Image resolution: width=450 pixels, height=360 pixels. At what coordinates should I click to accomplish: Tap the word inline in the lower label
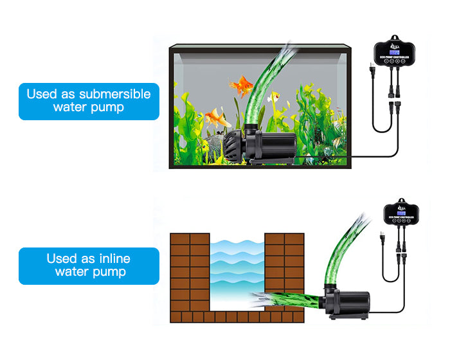pos(114,258)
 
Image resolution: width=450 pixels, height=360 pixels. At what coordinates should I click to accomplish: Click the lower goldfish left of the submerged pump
pos(217,118)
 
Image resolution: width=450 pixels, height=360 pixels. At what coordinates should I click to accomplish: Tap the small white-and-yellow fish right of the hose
pos(274,98)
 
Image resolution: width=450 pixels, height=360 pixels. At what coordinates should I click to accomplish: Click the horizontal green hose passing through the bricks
pos(296,300)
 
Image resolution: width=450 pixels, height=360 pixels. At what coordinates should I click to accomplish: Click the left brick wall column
pos(190,270)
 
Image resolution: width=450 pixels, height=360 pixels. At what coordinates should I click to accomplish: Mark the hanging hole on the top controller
pos(393,39)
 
